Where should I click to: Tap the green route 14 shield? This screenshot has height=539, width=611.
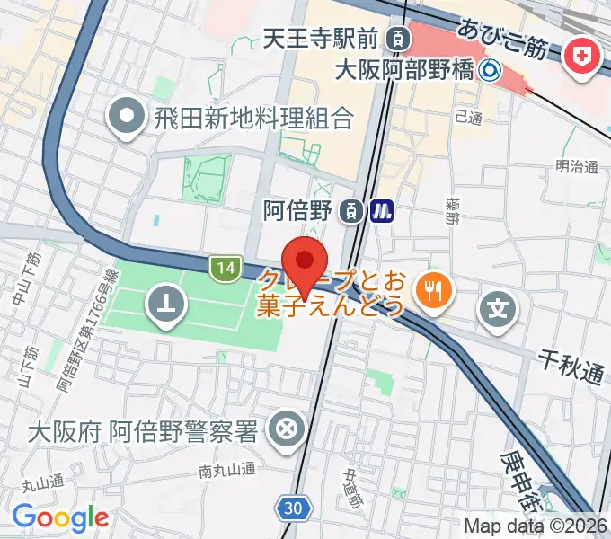pos(226,266)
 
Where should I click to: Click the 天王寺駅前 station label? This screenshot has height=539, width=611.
pos(322,38)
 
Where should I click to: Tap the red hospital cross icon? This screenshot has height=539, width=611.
pos(585,57)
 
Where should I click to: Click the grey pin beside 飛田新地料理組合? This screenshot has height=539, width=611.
pos(126,118)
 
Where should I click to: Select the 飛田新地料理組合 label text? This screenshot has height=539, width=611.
pos(253,118)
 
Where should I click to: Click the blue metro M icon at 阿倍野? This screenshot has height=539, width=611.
pos(384,211)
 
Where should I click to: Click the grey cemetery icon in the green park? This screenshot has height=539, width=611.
pos(167,305)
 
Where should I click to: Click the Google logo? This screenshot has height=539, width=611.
pos(60,517)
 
